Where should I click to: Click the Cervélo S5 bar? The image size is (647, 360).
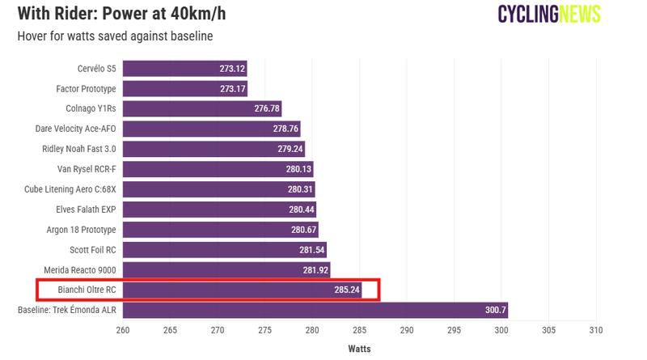pyautogui.click(x=184, y=69)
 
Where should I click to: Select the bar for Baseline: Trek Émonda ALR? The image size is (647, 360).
pyautogui.click(x=315, y=310)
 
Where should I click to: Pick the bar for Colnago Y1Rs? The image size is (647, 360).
pyautogui.click(x=201, y=108)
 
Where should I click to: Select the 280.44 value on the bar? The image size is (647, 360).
pyautogui.click(x=301, y=210)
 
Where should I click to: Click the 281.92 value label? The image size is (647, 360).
pyautogui.click(x=315, y=270)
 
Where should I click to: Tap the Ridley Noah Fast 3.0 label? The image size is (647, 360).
pyautogui.click(x=79, y=149)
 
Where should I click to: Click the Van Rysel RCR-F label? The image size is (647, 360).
pyautogui.click(x=87, y=169)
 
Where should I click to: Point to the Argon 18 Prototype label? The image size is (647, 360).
pyautogui.click(x=81, y=230)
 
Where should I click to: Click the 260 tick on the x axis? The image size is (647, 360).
pyautogui.click(x=123, y=330)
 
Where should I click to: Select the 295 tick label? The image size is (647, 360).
pyautogui.click(x=455, y=330)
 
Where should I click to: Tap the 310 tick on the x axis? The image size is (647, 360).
pyautogui.click(x=597, y=330)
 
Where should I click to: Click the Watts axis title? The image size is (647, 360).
pyautogui.click(x=359, y=349)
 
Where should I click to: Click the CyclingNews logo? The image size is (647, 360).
pyautogui.click(x=549, y=14)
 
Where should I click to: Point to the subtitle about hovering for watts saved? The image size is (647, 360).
pyautogui.click(x=115, y=36)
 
